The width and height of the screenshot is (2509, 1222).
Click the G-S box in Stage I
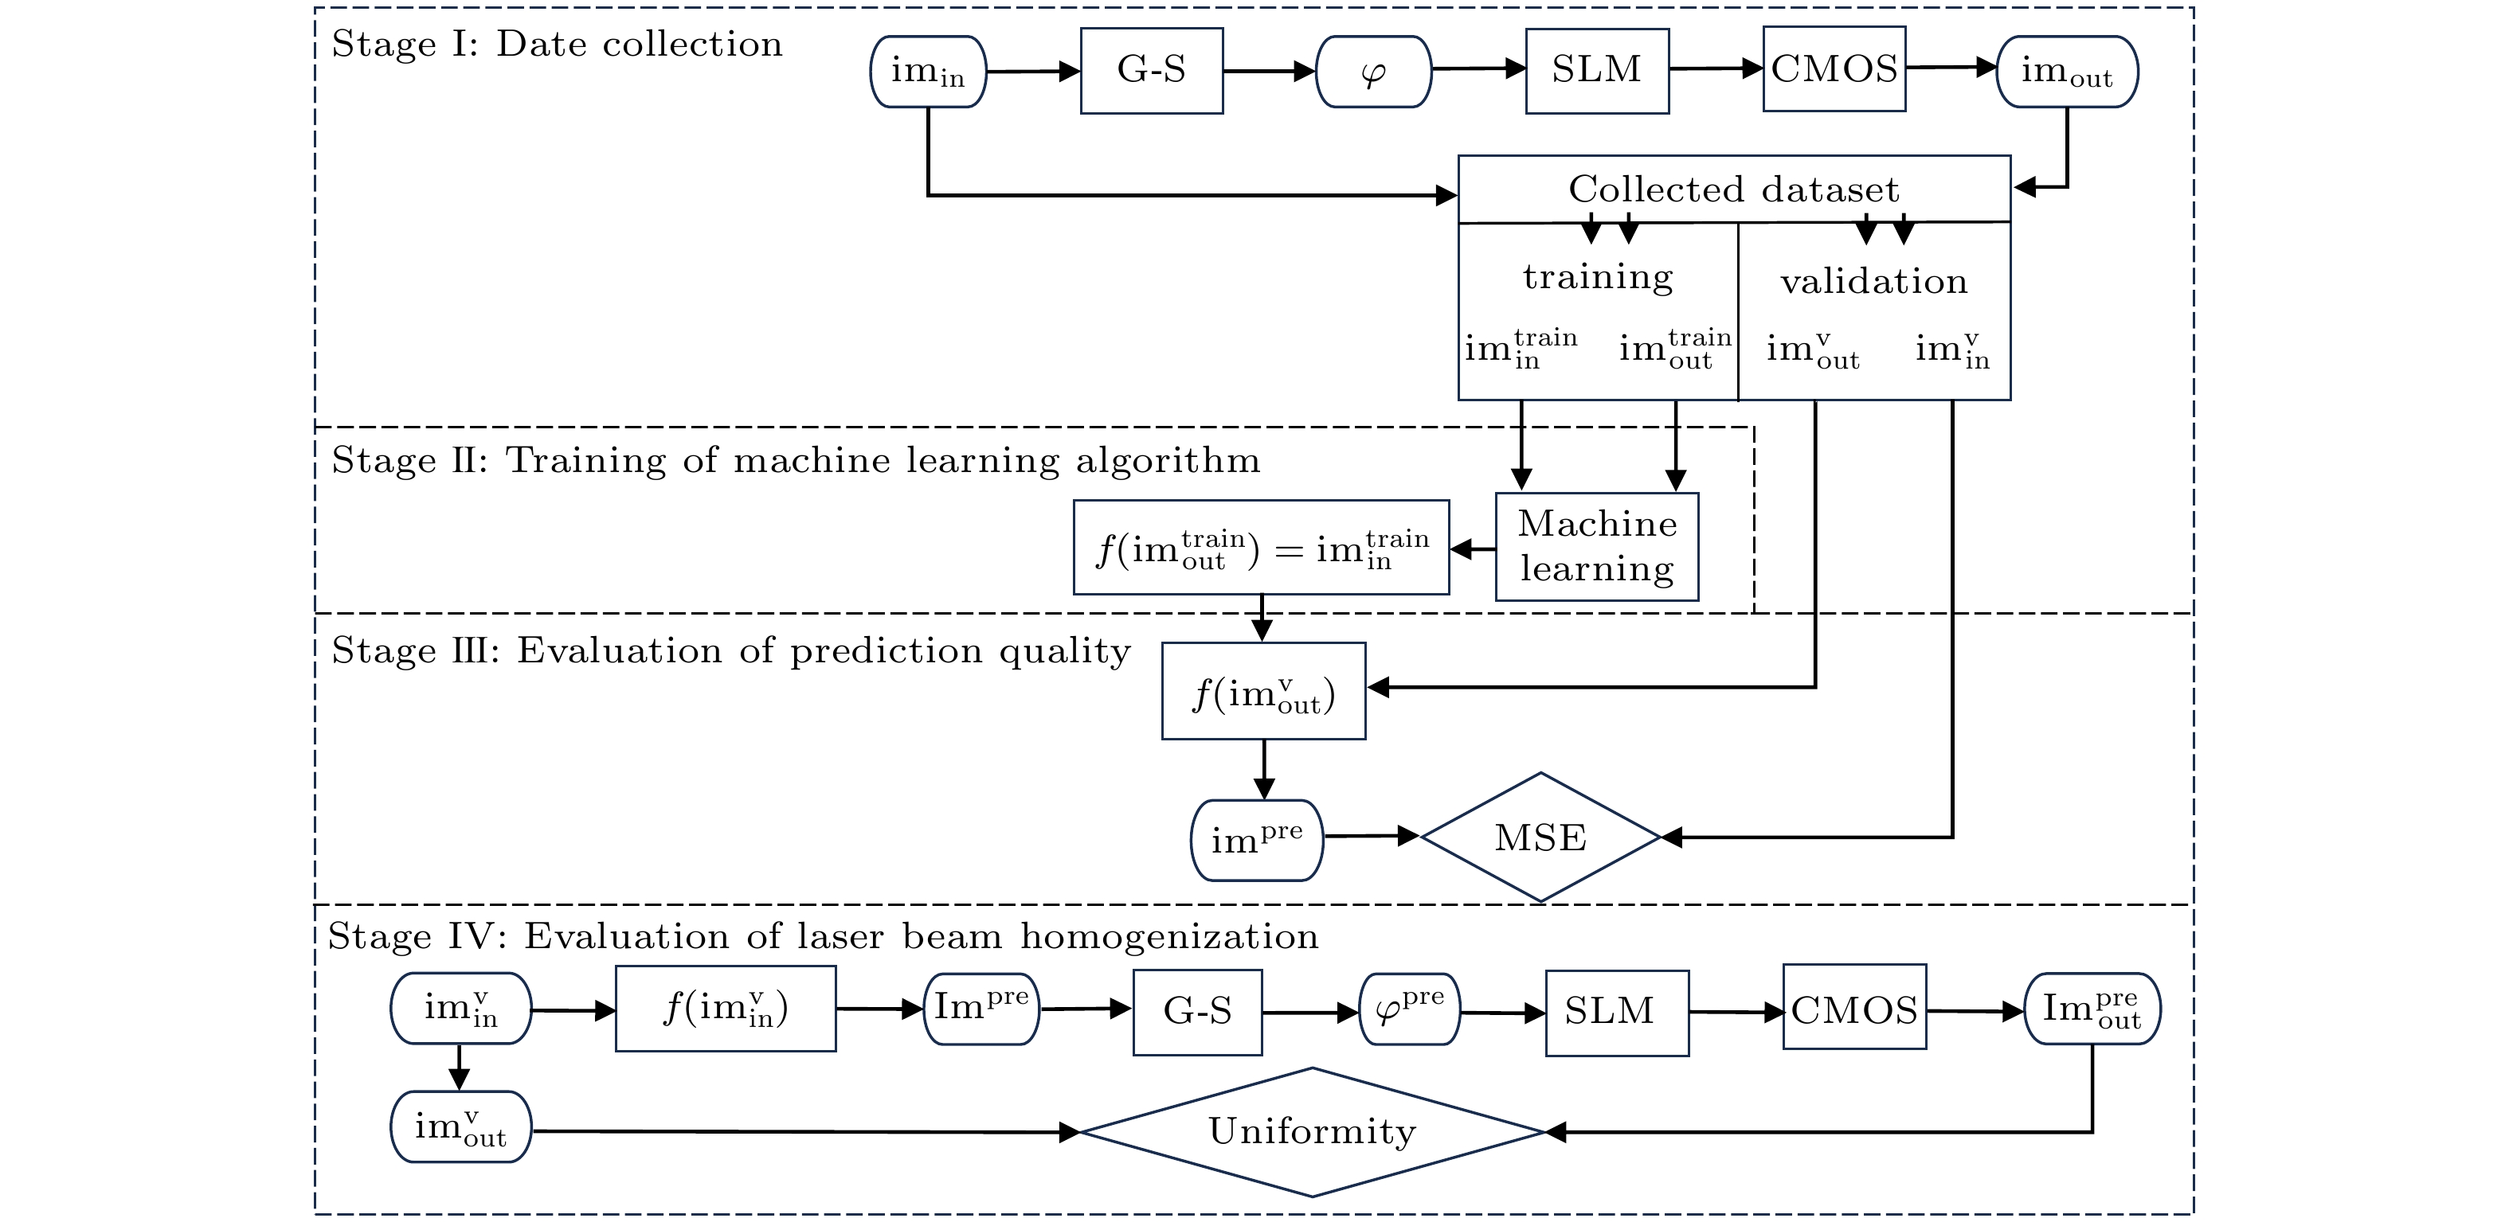[1151, 71]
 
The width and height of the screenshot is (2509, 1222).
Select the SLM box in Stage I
[1596, 70]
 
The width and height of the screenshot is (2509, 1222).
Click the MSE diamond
[1540, 837]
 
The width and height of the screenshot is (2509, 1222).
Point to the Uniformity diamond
[1312, 1131]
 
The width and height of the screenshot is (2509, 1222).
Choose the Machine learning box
[1596, 546]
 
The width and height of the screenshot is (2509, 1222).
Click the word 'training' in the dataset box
[1597, 278]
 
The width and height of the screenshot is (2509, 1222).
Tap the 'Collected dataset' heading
[1734, 189]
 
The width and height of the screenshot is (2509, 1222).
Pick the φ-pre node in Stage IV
[1409, 1009]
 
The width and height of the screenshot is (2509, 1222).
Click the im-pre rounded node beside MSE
[1256, 839]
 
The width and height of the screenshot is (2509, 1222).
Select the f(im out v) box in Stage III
[1263, 691]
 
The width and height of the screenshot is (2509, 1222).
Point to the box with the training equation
[1262, 547]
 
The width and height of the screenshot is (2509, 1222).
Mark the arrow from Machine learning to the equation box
[1473, 549]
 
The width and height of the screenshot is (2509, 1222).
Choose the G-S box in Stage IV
[1197, 1012]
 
